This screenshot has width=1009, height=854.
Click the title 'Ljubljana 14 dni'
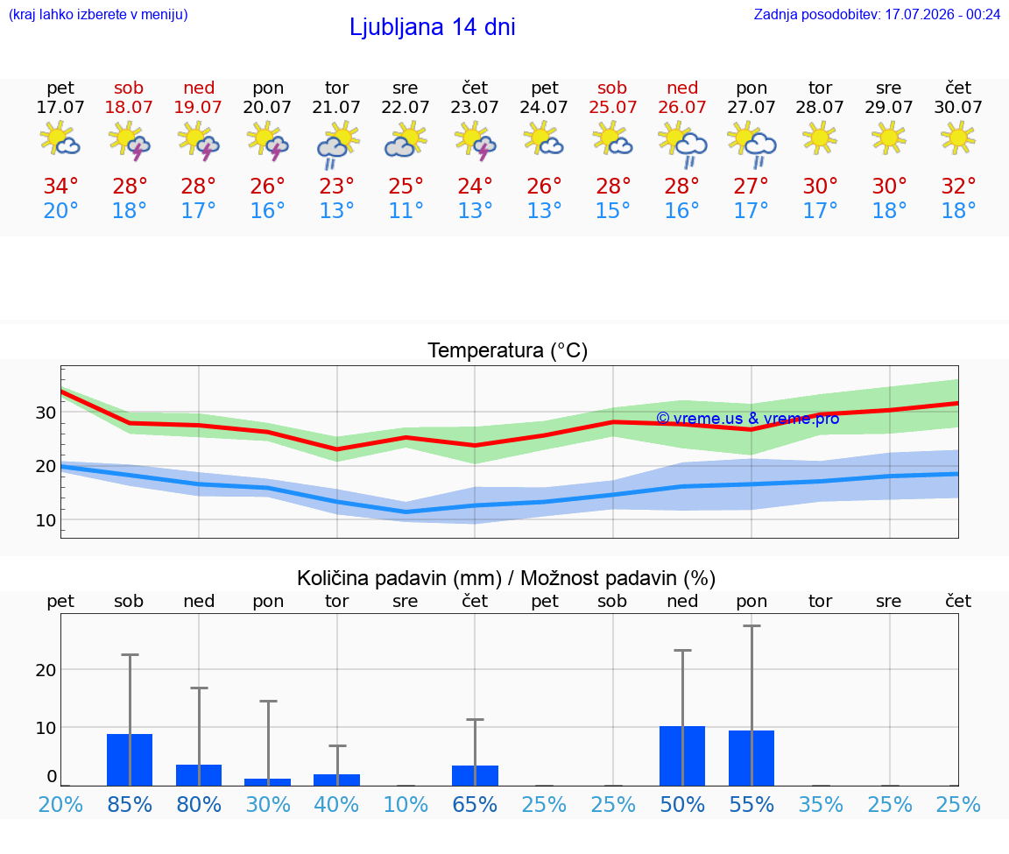click(432, 27)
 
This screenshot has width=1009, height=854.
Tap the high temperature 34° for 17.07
click(60, 186)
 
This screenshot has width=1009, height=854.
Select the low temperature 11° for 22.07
click(406, 210)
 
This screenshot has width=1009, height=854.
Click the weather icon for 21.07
click(337, 145)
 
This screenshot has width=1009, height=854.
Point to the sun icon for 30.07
click(958, 138)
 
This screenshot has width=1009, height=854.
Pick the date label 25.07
click(612, 107)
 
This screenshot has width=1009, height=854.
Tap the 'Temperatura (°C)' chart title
click(508, 350)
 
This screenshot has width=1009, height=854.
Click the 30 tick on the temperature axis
click(46, 413)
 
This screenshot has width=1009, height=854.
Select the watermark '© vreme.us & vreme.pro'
click(748, 419)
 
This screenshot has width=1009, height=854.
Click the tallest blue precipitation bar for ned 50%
click(682, 756)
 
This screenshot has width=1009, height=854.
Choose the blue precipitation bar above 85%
click(130, 759)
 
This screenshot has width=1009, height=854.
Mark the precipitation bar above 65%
click(475, 775)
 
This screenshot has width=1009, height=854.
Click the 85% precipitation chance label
click(130, 804)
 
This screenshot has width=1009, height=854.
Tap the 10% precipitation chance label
click(406, 804)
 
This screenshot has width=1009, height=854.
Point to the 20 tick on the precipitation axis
click(46, 670)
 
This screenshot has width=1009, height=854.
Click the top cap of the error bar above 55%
click(751, 625)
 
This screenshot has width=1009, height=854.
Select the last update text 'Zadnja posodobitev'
click(816, 14)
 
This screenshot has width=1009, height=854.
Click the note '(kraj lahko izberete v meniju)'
click(98, 14)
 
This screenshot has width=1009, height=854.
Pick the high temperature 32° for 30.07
click(958, 186)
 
